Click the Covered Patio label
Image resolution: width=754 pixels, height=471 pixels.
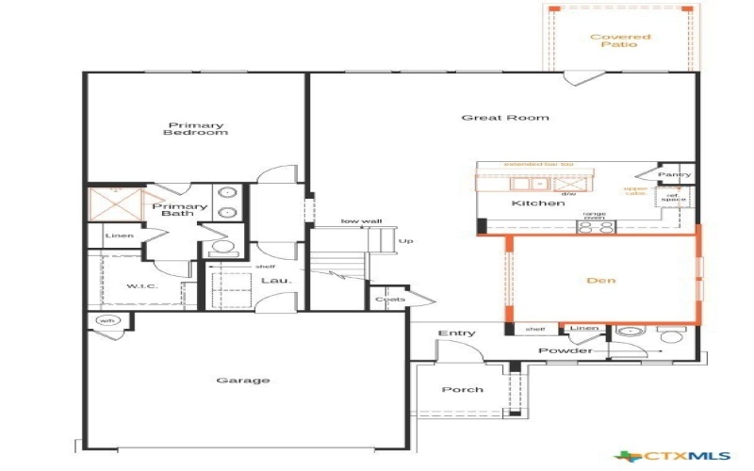(620, 41)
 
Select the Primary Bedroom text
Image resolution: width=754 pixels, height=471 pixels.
(197, 129)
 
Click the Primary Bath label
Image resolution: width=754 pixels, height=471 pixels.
(179, 210)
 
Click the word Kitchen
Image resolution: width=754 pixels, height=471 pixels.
(538, 203)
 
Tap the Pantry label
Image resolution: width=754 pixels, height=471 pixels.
(674, 175)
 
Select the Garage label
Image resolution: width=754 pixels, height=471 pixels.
(243, 381)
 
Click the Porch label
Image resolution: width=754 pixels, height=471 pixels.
(462, 389)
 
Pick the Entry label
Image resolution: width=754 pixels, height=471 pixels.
(457, 333)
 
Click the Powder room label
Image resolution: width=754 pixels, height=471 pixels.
(565, 351)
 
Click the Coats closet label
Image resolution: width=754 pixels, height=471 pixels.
(390, 300)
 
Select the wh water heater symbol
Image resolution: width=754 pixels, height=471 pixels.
(107, 321)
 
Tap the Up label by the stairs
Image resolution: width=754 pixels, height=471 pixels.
(406, 241)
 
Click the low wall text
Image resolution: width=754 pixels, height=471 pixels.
(361, 221)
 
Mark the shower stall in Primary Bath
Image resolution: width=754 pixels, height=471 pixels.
(114, 203)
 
